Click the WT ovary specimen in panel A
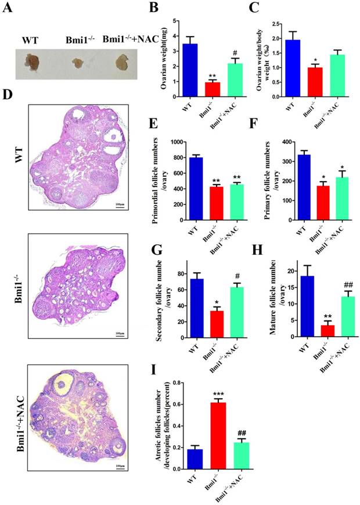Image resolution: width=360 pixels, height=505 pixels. [31, 60]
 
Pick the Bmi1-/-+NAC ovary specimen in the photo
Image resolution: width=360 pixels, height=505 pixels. [121, 60]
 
